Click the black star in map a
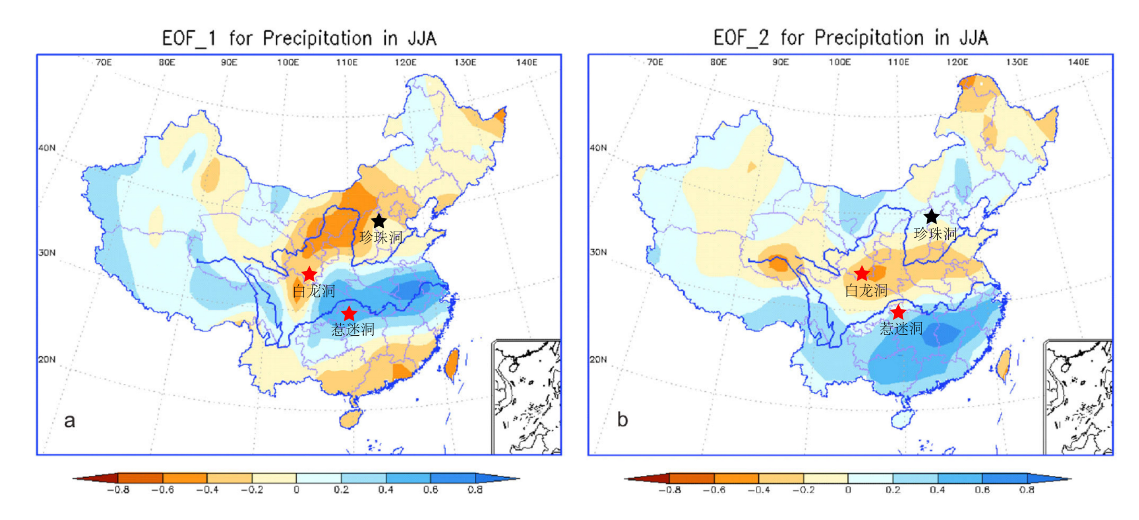click(x=379, y=221)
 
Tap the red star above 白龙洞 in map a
click(x=309, y=274)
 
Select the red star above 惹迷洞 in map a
click(x=349, y=313)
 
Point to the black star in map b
click(x=932, y=217)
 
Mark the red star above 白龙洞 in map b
click(x=861, y=273)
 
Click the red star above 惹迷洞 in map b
click(x=899, y=312)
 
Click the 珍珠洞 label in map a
click(x=381, y=238)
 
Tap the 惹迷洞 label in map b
click(x=901, y=328)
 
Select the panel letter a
click(x=70, y=421)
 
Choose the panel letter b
click(x=622, y=420)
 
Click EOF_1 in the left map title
click(x=189, y=38)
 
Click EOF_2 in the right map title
click(x=741, y=38)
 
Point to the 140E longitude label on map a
click(x=526, y=62)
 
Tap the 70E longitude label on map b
click(x=655, y=62)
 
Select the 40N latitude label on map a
click(x=47, y=148)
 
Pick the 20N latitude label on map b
click(x=598, y=359)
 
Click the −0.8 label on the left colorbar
click(x=118, y=490)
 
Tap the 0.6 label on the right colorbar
click(x=982, y=490)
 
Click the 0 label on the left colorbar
click(x=296, y=490)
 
